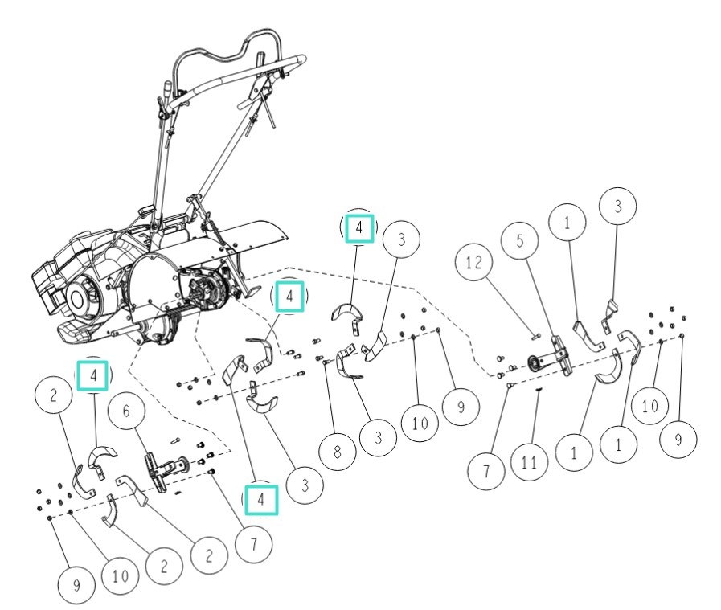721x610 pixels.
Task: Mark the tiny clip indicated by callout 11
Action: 538,388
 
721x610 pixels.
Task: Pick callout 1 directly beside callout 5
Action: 569,227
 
